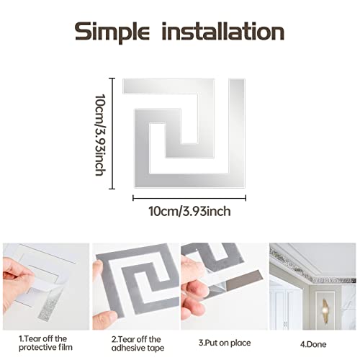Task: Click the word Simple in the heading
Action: click(112, 32)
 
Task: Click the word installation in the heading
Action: click(223, 31)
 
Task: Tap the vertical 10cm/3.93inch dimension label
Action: click(100, 135)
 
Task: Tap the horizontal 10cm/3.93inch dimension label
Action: click(189, 211)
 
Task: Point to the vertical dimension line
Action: click(112, 133)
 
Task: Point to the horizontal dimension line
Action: click(189, 198)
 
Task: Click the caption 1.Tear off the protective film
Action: click(45, 343)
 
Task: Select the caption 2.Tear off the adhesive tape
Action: click(138, 343)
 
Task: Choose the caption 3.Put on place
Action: click(225, 343)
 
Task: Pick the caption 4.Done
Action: click(313, 344)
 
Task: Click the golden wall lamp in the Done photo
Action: click(325, 308)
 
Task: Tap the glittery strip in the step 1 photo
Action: click(50, 304)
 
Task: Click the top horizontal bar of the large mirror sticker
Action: click(168, 86)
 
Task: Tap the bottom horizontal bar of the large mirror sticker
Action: click(190, 180)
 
